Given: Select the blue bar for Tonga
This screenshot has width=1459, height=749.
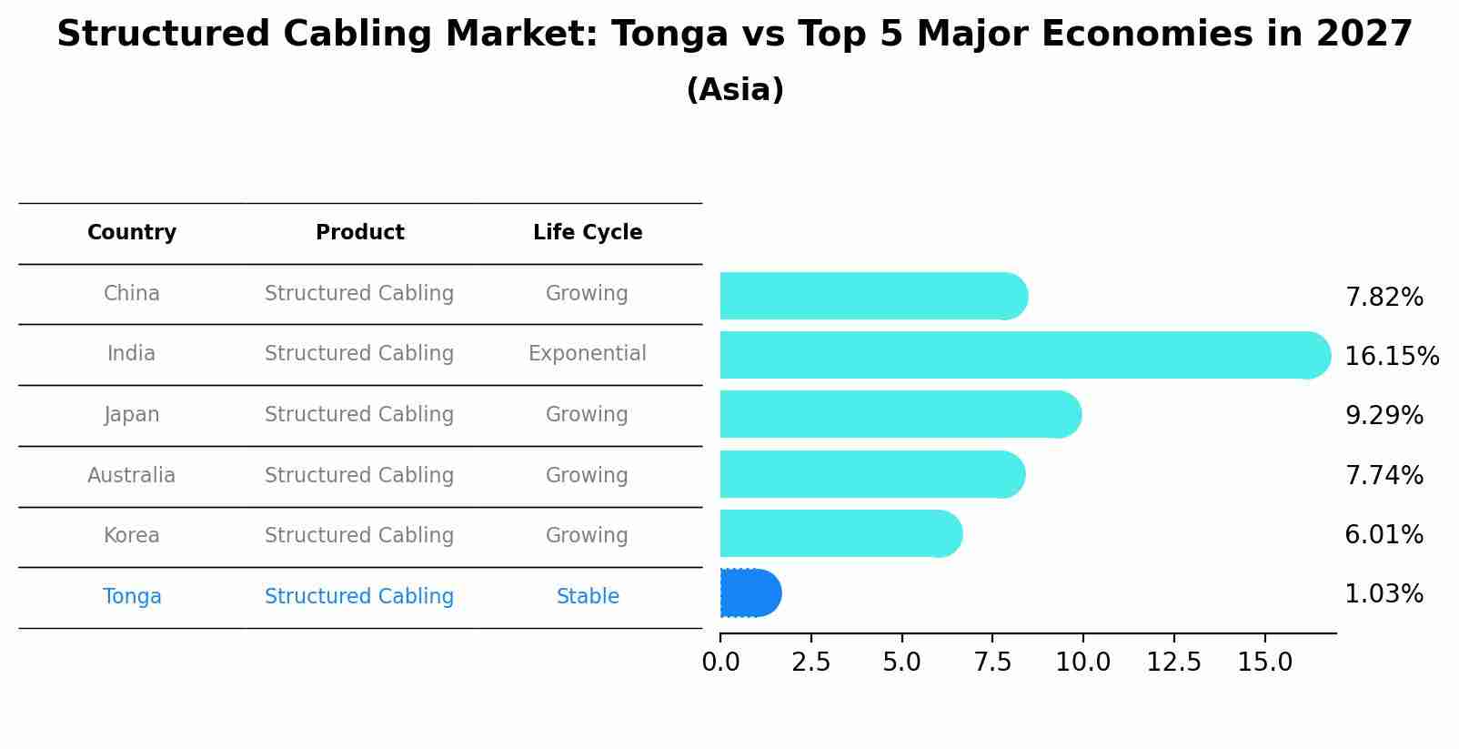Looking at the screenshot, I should [750, 593].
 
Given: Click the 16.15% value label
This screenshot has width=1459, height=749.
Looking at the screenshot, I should [1392, 356].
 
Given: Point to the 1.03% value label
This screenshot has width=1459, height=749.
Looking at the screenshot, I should [1384, 594].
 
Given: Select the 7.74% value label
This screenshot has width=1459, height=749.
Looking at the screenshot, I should [1384, 475].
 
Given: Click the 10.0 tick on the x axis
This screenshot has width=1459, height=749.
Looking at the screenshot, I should [1082, 663].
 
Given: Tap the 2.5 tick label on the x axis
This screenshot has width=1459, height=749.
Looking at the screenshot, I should [810, 663].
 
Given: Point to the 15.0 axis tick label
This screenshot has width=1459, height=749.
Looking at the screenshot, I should [1264, 663].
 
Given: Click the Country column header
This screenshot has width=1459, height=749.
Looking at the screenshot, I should [132, 233].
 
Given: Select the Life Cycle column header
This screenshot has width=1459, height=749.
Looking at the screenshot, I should [588, 233].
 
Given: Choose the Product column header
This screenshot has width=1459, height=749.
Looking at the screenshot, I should [359, 233].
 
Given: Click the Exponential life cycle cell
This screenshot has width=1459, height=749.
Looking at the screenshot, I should [588, 353].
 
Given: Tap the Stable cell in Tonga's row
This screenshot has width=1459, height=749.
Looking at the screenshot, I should [588, 596].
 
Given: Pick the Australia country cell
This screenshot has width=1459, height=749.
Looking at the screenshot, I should [132, 475].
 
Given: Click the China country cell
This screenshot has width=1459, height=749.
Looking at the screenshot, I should [132, 293].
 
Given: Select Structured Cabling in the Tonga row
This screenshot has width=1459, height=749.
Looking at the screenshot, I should [359, 596].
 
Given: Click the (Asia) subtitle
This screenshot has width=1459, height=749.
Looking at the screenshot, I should [735, 90].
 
